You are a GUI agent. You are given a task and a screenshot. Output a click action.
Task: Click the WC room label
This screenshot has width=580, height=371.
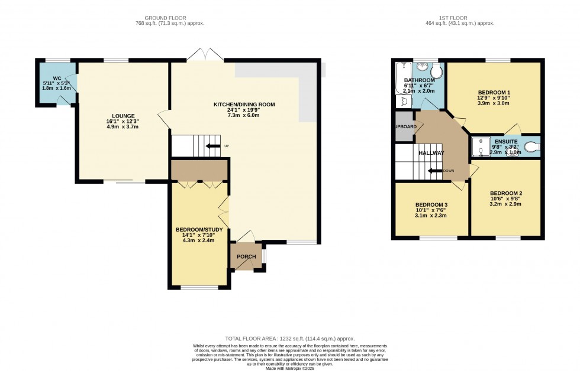[57, 78]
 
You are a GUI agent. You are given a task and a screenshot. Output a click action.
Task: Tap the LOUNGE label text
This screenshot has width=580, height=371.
[122, 116]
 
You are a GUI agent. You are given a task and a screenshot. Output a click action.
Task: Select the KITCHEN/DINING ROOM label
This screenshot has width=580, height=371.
[244, 105]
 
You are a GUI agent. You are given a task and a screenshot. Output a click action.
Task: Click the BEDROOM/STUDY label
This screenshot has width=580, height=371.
[199, 229]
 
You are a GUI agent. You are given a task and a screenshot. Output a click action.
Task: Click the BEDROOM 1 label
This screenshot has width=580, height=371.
[493, 92]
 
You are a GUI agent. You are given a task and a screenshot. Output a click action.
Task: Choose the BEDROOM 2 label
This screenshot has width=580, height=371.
[506, 193]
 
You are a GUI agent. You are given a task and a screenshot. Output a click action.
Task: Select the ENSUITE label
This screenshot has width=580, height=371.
[506, 142]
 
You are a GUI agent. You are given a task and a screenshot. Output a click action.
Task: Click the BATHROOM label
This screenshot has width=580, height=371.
[419, 80]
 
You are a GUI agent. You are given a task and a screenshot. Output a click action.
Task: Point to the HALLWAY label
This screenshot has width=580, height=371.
[431, 153]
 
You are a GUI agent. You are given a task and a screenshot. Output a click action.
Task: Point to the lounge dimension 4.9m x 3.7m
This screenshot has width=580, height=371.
[122, 126]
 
